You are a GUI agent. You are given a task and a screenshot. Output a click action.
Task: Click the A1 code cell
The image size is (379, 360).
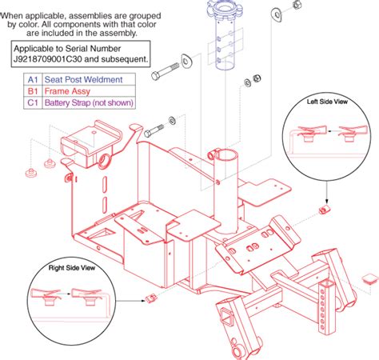point(32,80)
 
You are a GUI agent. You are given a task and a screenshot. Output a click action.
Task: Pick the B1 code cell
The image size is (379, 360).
point(32,91)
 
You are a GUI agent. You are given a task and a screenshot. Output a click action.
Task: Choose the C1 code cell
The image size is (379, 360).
point(32,103)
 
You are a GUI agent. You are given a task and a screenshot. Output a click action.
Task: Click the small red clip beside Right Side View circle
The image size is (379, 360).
point(150,299)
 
